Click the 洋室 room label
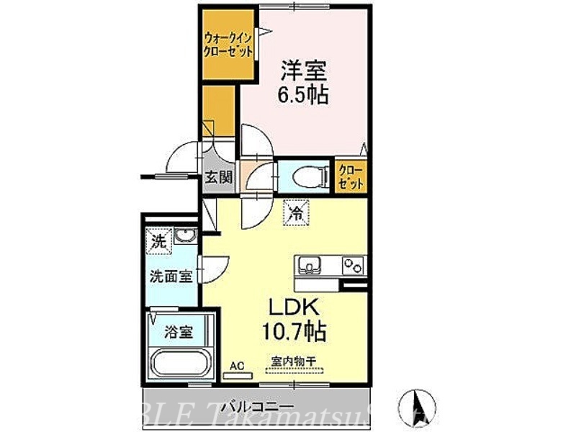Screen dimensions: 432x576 pyautogui.click(x=302, y=71)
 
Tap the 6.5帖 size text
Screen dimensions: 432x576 pyautogui.click(x=302, y=94)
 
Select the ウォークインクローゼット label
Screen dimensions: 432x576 pyautogui.click(x=228, y=45)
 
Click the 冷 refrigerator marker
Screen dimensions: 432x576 pyautogui.click(x=295, y=213)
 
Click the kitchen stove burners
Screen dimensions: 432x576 pyautogui.click(x=352, y=266)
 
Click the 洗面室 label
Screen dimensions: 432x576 pyautogui.click(x=171, y=276)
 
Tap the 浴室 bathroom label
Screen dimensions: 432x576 pyautogui.click(x=179, y=332)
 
